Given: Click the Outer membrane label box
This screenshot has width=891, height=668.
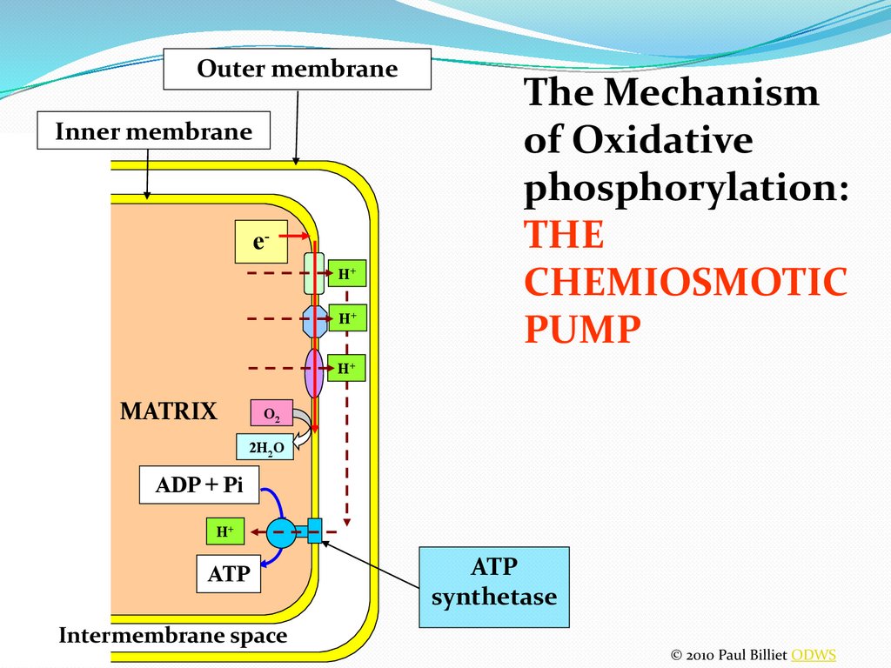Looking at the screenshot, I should click(x=298, y=69).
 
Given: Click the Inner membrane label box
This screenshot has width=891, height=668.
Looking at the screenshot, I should click(x=154, y=132).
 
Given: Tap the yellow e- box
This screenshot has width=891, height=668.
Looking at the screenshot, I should click(x=261, y=242).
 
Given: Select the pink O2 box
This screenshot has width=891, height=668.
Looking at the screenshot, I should click(x=271, y=413).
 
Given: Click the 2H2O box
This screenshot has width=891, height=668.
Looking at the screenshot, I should click(x=265, y=448).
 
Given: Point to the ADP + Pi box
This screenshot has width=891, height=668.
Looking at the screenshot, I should click(x=199, y=485).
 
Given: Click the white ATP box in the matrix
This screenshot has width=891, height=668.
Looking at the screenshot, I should click(x=228, y=573).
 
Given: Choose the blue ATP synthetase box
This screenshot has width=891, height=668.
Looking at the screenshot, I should click(x=493, y=586).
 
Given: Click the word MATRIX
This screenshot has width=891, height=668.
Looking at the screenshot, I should click(x=168, y=411).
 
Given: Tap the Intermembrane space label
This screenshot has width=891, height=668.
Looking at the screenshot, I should click(x=172, y=636).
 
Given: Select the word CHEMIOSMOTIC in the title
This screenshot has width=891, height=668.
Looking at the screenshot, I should click(x=686, y=283).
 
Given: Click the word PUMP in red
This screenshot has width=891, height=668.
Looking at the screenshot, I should click(x=583, y=329).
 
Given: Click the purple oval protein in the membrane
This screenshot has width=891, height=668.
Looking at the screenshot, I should click(x=314, y=373).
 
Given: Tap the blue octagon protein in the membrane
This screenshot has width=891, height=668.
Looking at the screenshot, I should click(x=313, y=320).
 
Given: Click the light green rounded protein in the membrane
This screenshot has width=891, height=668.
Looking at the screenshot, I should click(x=313, y=273).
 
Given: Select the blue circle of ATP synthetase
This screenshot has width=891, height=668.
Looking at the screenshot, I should click(x=281, y=531).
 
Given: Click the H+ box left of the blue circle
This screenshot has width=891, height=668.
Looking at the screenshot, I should click(x=224, y=531).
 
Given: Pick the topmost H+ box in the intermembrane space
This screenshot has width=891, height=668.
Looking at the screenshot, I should click(x=347, y=273).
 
